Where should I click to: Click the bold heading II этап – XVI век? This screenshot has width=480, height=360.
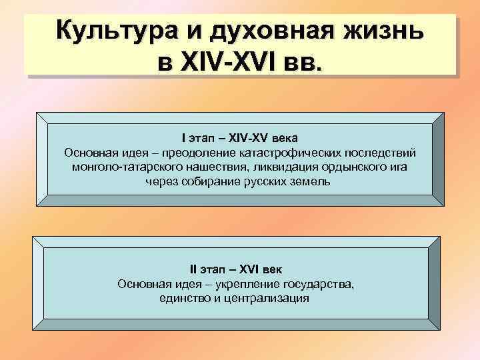[x=236, y=269]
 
